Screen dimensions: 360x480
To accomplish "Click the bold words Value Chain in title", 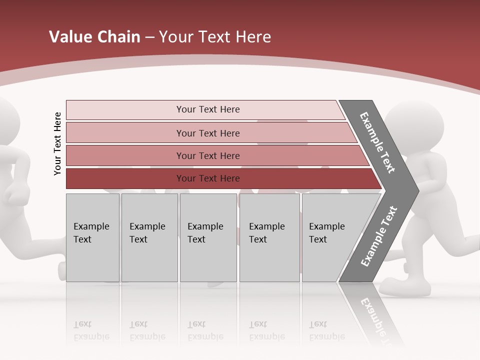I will (94, 37).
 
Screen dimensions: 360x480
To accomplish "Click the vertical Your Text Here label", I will (57, 143).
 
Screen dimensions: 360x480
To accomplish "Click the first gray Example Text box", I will (92, 237).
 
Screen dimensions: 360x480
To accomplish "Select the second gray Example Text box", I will (149, 237).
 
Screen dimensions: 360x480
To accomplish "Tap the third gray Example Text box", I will (208, 237).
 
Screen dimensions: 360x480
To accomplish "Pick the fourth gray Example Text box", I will (269, 237).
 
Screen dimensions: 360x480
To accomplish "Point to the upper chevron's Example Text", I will (377, 142).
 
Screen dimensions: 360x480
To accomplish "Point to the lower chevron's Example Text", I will (379, 236).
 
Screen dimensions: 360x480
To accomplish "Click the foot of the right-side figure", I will (405, 287).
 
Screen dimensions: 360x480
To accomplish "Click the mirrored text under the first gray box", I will (91, 330).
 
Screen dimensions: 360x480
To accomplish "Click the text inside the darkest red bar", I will (208, 178).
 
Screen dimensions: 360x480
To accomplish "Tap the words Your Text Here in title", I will (215, 37).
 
